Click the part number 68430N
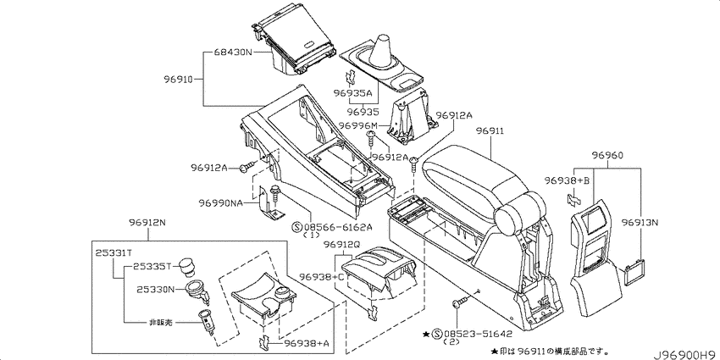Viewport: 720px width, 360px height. point(233,53)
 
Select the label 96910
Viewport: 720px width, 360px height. point(178,79)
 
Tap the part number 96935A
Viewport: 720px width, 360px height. point(352,94)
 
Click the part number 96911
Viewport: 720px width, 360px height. point(490,131)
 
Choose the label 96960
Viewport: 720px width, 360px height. point(607,156)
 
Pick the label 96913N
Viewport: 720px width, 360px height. point(640,223)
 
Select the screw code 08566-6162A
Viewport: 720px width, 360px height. point(339,226)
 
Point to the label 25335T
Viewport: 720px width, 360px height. point(152,266)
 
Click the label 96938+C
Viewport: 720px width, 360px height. point(321,276)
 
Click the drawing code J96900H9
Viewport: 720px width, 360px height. point(686,354)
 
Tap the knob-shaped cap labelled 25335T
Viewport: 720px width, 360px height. point(187,267)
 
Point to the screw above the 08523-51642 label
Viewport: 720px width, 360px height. point(460,302)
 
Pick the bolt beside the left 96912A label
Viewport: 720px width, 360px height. point(247,168)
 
